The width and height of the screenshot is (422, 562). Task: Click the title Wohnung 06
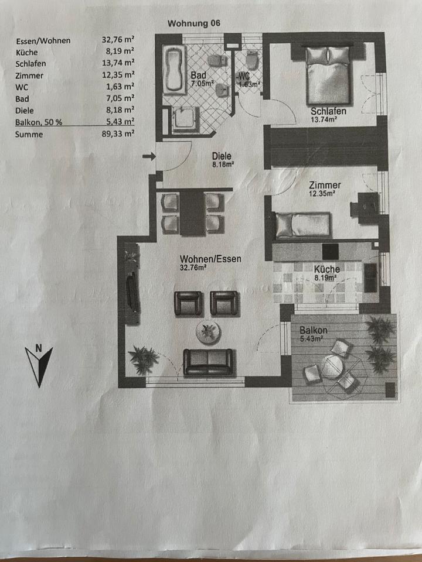click(x=194, y=23)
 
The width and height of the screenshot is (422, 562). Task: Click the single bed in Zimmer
click(x=302, y=225)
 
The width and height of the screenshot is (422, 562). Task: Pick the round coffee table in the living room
click(x=208, y=333)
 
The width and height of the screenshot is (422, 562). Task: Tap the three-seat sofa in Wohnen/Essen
click(x=208, y=361)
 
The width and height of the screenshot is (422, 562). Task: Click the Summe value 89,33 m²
click(x=118, y=134)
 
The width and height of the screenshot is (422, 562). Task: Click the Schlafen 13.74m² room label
click(x=328, y=115)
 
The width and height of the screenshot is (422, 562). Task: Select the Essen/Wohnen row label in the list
click(x=44, y=40)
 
